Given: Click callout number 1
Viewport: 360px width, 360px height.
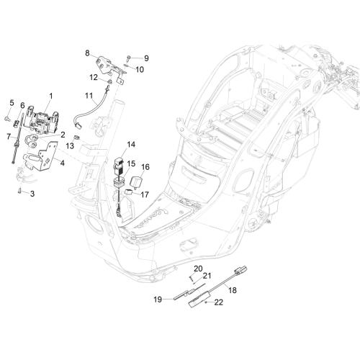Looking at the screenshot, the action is (50, 96).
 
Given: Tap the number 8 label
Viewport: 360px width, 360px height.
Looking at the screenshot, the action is (87, 53).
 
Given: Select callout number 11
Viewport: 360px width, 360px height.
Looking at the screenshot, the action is (89, 96).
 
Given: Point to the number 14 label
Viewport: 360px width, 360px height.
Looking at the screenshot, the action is (131, 145).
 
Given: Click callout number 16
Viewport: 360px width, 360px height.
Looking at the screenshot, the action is (145, 167).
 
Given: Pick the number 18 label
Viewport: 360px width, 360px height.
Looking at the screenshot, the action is (233, 290).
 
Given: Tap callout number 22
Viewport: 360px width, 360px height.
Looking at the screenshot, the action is (218, 302).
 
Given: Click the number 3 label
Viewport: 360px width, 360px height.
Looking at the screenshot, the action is (32, 194).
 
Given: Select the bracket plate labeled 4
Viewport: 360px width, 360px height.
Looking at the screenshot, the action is (41, 157).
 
